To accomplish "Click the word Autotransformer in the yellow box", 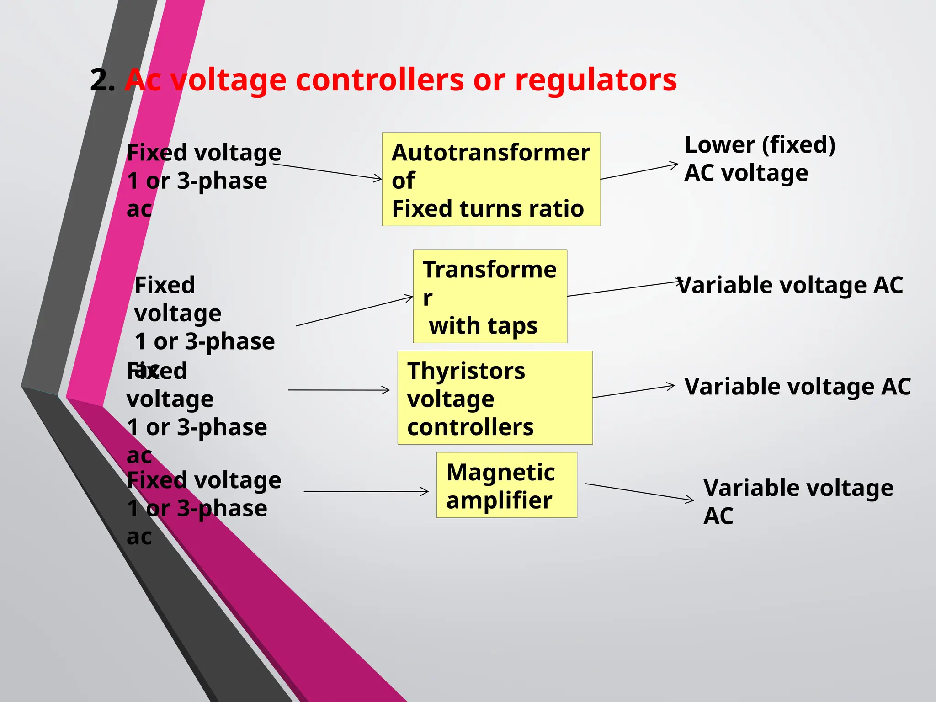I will pyautogui.click(x=491, y=153).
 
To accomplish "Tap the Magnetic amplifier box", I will pyautogui.click(x=506, y=485).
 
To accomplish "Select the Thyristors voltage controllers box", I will pyautogui.click(x=495, y=398).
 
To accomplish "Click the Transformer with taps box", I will pyautogui.click(x=490, y=296).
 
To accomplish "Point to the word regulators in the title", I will pyautogui.click(x=596, y=80).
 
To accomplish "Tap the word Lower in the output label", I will pyautogui.click(x=719, y=145).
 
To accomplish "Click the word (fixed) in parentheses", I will pyautogui.click(x=798, y=145).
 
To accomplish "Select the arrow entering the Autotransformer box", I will pyautogui.click(x=327, y=171).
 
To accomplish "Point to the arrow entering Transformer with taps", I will pyautogui.click(x=355, y=311).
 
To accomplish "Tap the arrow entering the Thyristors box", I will pyautogui.click(x=339, y=390).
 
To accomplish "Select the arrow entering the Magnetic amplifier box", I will pyautogui.click(x=366, y=492).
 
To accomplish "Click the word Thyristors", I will pyautogui.click(x=466, y=371).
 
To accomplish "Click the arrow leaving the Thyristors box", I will pyautogui.click(x=633, y=392).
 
